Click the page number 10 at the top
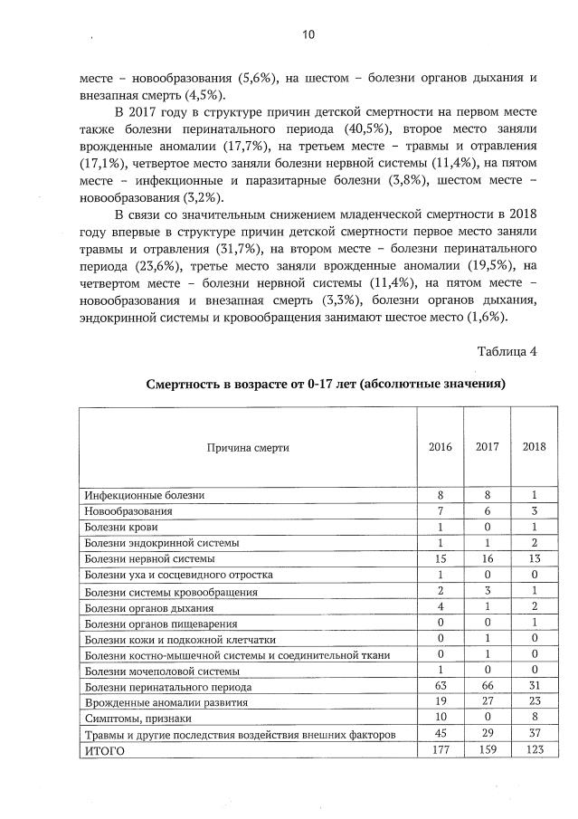[308, 35]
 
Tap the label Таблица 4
[507, 352]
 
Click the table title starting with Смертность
[326, 385]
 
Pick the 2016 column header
[440, 447]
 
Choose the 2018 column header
[534, 447]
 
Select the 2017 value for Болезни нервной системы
[487, 558]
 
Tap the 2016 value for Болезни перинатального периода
[440, 687]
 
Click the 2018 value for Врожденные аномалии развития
[534, 702]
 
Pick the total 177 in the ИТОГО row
[440, 751]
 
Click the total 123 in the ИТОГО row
[534, 751]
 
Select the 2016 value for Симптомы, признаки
[440, 719]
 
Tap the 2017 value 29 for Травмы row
[487, 735]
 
